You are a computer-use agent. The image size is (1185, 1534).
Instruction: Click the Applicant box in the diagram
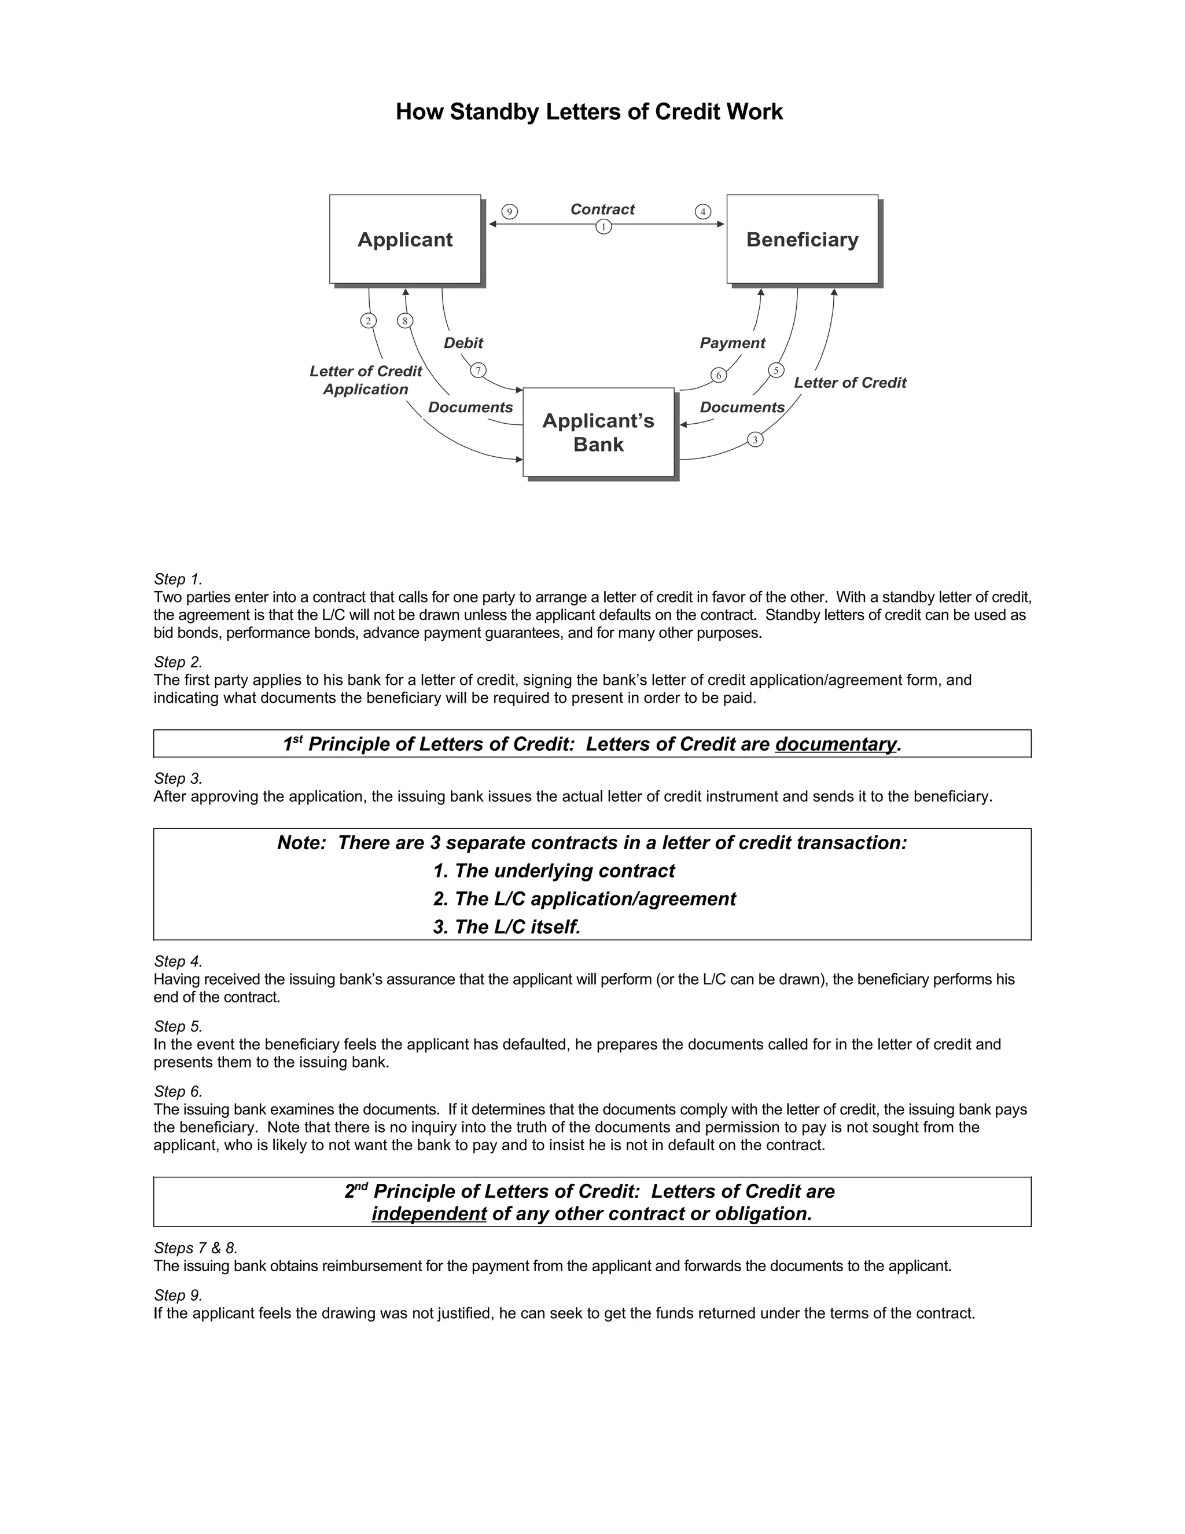tap(405, 240)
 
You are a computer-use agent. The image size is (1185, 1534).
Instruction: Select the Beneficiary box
tap(802, 240)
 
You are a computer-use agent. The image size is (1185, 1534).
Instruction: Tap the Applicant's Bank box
tap(598, 432)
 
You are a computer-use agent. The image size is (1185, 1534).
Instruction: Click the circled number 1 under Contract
tap(603, 227)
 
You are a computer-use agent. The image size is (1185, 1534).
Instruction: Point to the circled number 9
tap(510, 211)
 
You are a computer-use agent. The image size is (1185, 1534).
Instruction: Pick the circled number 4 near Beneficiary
tap(702, 211)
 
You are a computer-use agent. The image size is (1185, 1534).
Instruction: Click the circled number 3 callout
tap(755, 440)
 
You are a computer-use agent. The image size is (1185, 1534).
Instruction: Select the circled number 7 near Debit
tap(478, 370)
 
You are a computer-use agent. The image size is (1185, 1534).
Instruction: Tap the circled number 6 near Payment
tap(718, 375)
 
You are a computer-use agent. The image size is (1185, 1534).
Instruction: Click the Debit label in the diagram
tap(463, 343)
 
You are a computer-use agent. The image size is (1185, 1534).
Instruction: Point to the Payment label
tap(732, 343)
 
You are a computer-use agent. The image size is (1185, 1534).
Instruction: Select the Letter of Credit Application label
tap(366, 380)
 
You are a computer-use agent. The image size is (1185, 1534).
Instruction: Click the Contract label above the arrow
tap(602, 210)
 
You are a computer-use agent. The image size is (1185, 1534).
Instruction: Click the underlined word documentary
tap(836, 744)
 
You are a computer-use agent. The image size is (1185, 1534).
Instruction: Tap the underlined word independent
tap(429, 1214)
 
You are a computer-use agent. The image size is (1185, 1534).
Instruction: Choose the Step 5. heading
tap(178, 1026)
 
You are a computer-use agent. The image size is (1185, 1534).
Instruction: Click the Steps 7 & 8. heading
tap(196, 1248)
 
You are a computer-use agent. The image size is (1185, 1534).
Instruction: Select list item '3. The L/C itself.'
tap(507, 927)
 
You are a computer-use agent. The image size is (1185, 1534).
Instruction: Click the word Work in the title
tap(755, 112)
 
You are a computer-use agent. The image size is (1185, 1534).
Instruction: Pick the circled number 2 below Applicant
tap(368, 321)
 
